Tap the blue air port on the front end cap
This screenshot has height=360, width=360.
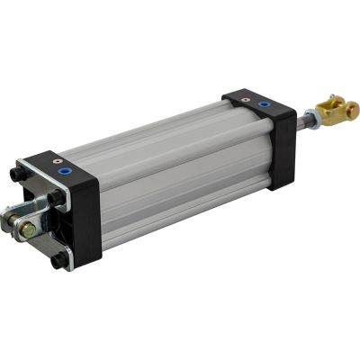point(263,104)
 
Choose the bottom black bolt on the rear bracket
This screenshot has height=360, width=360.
point(59,260)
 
